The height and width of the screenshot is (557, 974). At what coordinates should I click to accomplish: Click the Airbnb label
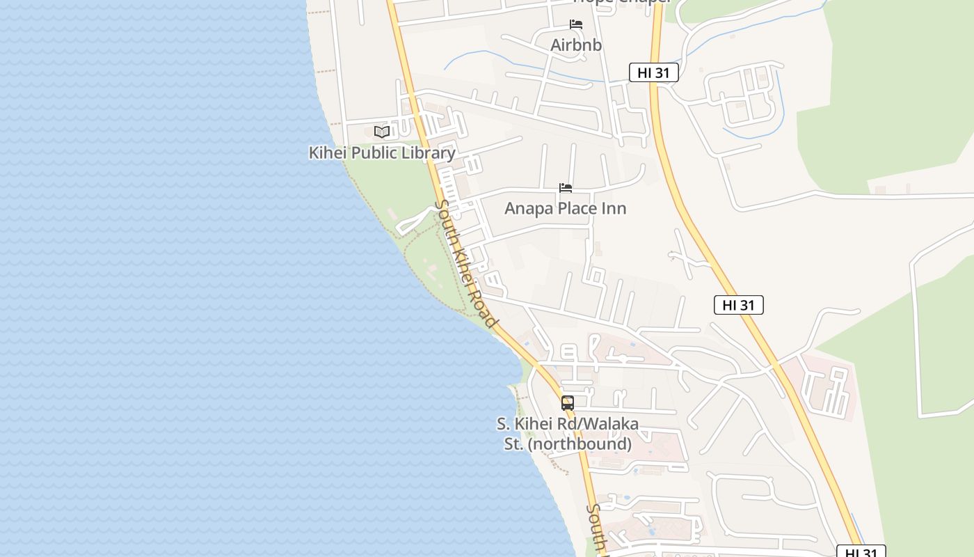point(576,45)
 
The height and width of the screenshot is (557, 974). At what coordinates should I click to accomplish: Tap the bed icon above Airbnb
point(576,24)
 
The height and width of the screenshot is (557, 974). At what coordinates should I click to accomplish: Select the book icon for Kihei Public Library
point(381,132)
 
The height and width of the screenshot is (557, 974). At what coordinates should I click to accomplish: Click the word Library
point(428,153)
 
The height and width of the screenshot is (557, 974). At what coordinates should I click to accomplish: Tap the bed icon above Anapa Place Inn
point(566,188)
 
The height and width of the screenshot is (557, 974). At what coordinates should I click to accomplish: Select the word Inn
point(614,208)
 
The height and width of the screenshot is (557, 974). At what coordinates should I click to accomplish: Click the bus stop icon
point(568,403)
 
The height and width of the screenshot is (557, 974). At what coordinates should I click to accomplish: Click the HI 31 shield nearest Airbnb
point(653,72)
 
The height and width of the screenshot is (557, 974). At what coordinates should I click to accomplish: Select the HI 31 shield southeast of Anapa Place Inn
point(738,304)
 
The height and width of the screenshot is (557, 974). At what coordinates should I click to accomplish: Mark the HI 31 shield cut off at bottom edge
point(861,552)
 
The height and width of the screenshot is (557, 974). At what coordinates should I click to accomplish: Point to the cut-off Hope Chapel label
point(621,2)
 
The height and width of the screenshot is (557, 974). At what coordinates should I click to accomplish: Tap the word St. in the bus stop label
point(513,444)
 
